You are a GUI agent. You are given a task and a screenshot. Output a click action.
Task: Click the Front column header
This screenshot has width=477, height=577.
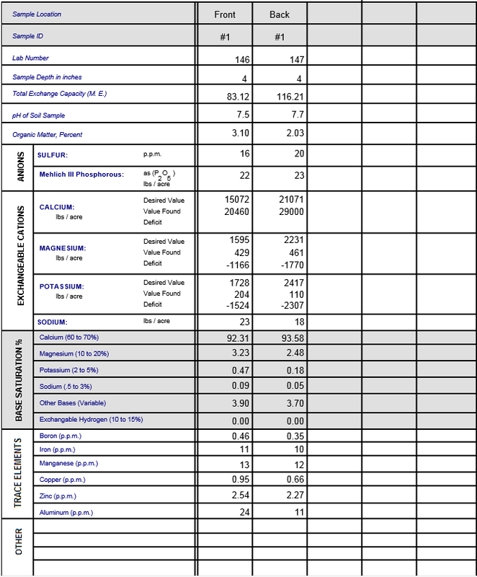pyautogui.click(x=225, y=14)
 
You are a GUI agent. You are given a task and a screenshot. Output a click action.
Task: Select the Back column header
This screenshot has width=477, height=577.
pyautogui.click(x=280, y=14)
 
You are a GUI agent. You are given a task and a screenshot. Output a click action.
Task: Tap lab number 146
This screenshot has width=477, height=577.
pyautogui.click(x=242, y=60)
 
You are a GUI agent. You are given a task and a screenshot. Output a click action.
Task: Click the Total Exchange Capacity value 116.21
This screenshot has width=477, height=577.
pyautogui.click(x=290, y=97)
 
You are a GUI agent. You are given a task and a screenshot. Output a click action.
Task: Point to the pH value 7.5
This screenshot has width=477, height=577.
pyautogui.click(x=243, y=115)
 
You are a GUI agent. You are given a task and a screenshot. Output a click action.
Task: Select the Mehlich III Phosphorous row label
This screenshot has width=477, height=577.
pyautogui.click(x=81, y=175)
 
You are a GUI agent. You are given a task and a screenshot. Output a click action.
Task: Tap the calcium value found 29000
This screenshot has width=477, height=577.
pyautogui.click(x=291, y=212)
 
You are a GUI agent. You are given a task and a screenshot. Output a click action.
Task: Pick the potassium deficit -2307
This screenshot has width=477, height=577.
pyautogui.click(x=291, y=306)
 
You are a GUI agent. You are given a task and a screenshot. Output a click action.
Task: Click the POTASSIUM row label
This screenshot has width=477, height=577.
pyautogui.click(x=62, y=287)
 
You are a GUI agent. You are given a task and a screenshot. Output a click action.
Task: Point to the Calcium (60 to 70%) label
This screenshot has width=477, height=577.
pyautogui.click(x=69, y=338)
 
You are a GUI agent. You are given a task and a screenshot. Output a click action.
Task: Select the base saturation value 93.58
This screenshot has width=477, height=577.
pyautogui.click(x=291, y=338)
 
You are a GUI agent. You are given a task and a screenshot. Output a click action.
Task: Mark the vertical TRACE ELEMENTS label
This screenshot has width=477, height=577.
pyautogui.click(x=20, y=475)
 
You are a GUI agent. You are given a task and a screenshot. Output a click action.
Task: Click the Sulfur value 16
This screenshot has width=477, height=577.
pyautogui.click(x=244, y=154)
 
